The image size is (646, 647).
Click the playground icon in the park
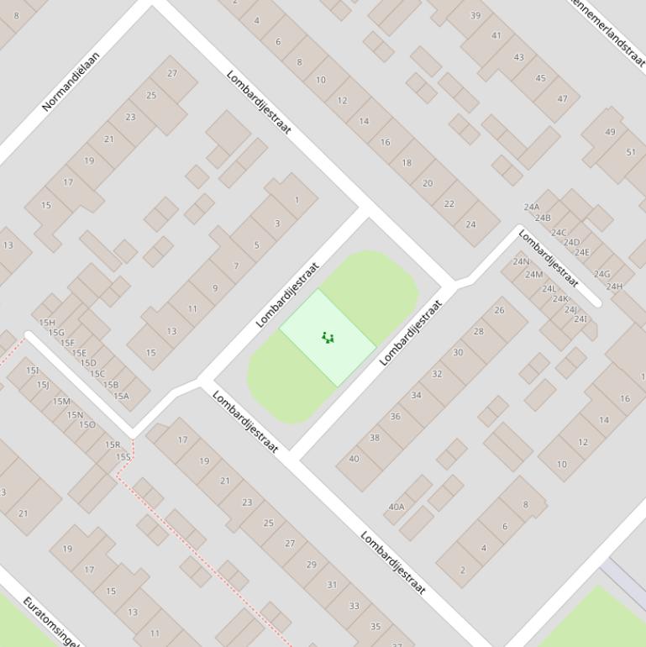pos(328,338)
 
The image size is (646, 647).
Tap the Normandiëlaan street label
pos(71,82)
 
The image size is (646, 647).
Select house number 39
pos(475,15)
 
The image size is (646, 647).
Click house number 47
pos(563,98)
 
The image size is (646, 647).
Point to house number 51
pos(631,152)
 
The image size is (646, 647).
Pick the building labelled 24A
pos(532,207)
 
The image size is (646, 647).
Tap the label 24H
pos(615,287)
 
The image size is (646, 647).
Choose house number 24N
pos(521,261)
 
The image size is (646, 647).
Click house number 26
pos(499,310)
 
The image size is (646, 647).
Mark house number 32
pos(437,374)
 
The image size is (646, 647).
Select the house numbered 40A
pos(396,507)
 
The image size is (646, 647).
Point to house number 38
pos(375,438)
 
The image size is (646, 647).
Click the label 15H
pos(47,323)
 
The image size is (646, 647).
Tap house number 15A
pos(121,396)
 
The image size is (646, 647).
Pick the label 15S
pos(123,456)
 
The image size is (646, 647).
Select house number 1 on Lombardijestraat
pos(297,200)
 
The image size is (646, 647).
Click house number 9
pos(215,288)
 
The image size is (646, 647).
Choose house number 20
pos(428,183)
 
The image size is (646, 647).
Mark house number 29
pos(311,564)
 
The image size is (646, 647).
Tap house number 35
pos(376,626)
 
